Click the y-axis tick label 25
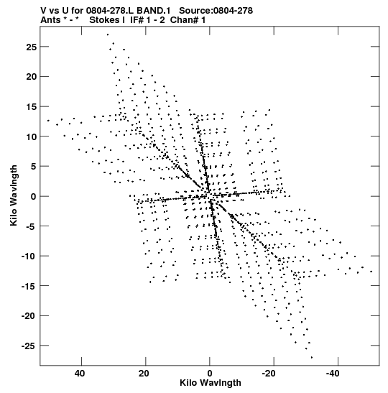click(x=32, y=47)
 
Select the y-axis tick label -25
click(x=29, y=346)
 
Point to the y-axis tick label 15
click(x=32, y=107)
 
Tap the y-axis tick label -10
click(x=29, y=256)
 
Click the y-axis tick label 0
click(x=34, y=197)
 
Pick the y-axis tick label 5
click(x=34, y=167)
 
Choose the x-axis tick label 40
click(x=80, y=374)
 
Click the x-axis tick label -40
click(x=333, y=374)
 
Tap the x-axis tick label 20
click(x=144, y=374)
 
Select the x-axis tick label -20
click(x=269, y=374)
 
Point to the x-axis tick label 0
click(x=210, y=374)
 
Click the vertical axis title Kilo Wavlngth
click(x=14, y=195)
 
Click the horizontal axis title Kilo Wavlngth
click(x=211, y=383)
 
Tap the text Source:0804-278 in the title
click(x=216, y=11)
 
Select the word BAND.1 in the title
click(x=153, y=11)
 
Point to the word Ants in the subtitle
click(x=50, y=20)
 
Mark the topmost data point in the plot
click(x=108, y=34)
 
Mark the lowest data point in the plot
click(x=312, y=357)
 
